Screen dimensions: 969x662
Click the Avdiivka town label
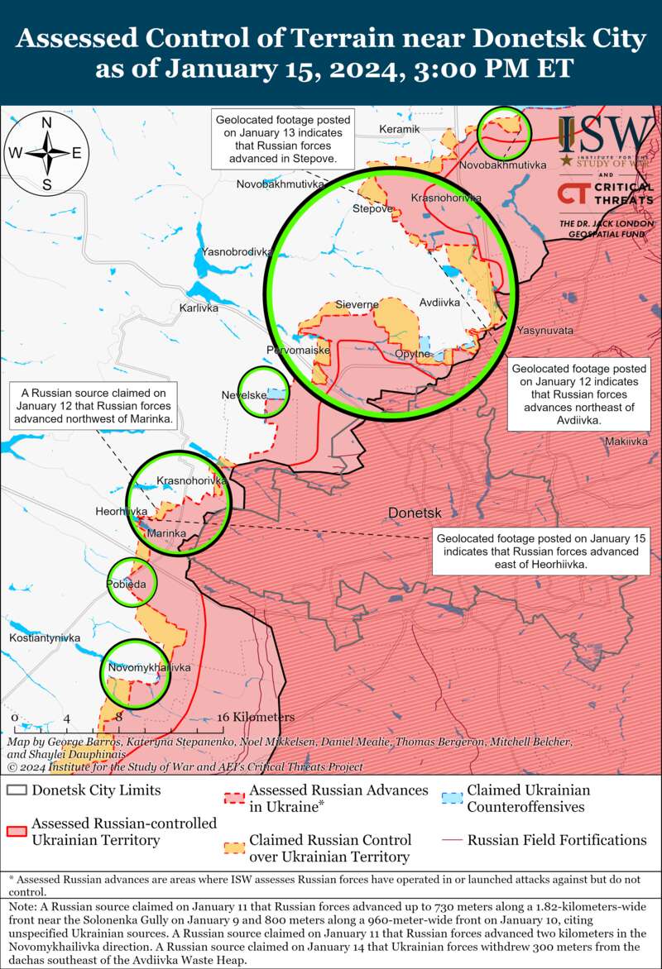439,303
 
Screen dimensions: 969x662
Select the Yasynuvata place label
544,330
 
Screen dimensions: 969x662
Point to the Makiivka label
626,442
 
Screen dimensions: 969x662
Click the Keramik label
400,130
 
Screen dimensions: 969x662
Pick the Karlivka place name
199,308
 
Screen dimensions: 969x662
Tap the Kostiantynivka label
45,638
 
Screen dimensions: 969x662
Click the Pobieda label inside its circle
127,585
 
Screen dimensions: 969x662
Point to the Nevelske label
244,395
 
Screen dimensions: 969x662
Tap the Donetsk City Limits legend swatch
17,790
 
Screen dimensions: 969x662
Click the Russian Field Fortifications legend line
451,840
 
